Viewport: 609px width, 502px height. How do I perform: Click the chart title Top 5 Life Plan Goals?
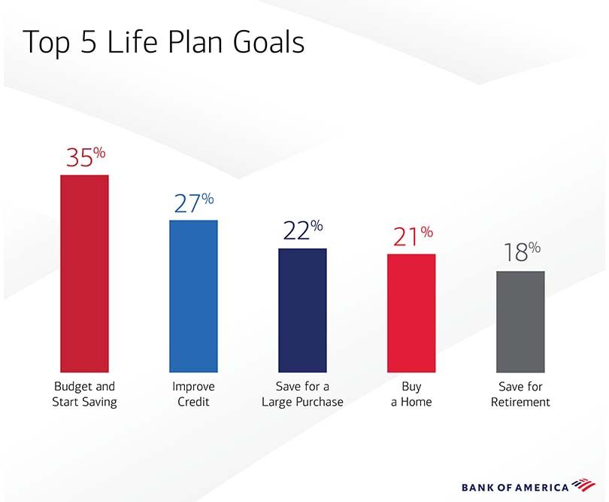[164, 42]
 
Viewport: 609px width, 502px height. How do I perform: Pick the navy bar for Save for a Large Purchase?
[302, 309]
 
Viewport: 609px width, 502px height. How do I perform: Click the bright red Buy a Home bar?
[411, 312]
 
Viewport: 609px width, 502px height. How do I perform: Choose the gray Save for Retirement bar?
[520, 321]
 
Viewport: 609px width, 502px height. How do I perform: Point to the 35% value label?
[85, 157]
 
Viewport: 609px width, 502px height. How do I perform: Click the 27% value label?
[194, 202]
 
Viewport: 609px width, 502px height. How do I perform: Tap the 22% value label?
[303, 230]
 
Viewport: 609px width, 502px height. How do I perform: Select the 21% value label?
[412, 236]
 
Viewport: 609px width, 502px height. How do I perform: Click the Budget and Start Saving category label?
[84, 394]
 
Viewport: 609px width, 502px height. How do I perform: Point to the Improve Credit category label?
[193, 394]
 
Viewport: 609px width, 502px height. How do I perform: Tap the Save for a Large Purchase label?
[302, 394]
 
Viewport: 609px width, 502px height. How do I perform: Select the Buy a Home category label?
[411, 394]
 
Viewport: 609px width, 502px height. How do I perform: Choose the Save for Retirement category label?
[520, 394]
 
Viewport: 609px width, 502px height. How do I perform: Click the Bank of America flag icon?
[582, 485]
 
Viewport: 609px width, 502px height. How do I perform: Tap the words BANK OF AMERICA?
[514, 487]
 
